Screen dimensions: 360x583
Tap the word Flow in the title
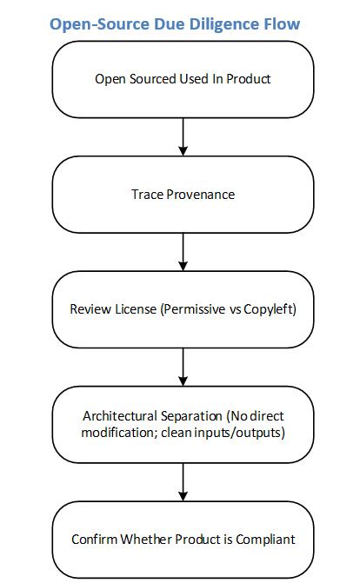pyautogui.click(x=283, y=24)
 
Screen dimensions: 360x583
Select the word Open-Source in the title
pyautogui.click(x=99, y=24)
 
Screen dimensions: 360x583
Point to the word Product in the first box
pyautogui.click(x=249, y=79)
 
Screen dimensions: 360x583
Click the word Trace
pyautogui.click(x=147, y=194)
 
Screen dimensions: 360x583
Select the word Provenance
pyautogui.click(x=201, y=194)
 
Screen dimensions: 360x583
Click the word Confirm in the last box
pyautogui.click(x=94, y=540)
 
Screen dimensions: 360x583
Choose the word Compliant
pyautogui.click(x=265, y=540)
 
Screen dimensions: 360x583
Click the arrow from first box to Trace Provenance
pyautogui.click(x=183, y=136)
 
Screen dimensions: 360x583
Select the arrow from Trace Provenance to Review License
pyautogui.click(x=183, y=252)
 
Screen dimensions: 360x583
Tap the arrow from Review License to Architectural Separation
pyautogui.click(x=183, y=367)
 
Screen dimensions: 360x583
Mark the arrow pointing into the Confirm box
pyautogui.click(x=183, y=482)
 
